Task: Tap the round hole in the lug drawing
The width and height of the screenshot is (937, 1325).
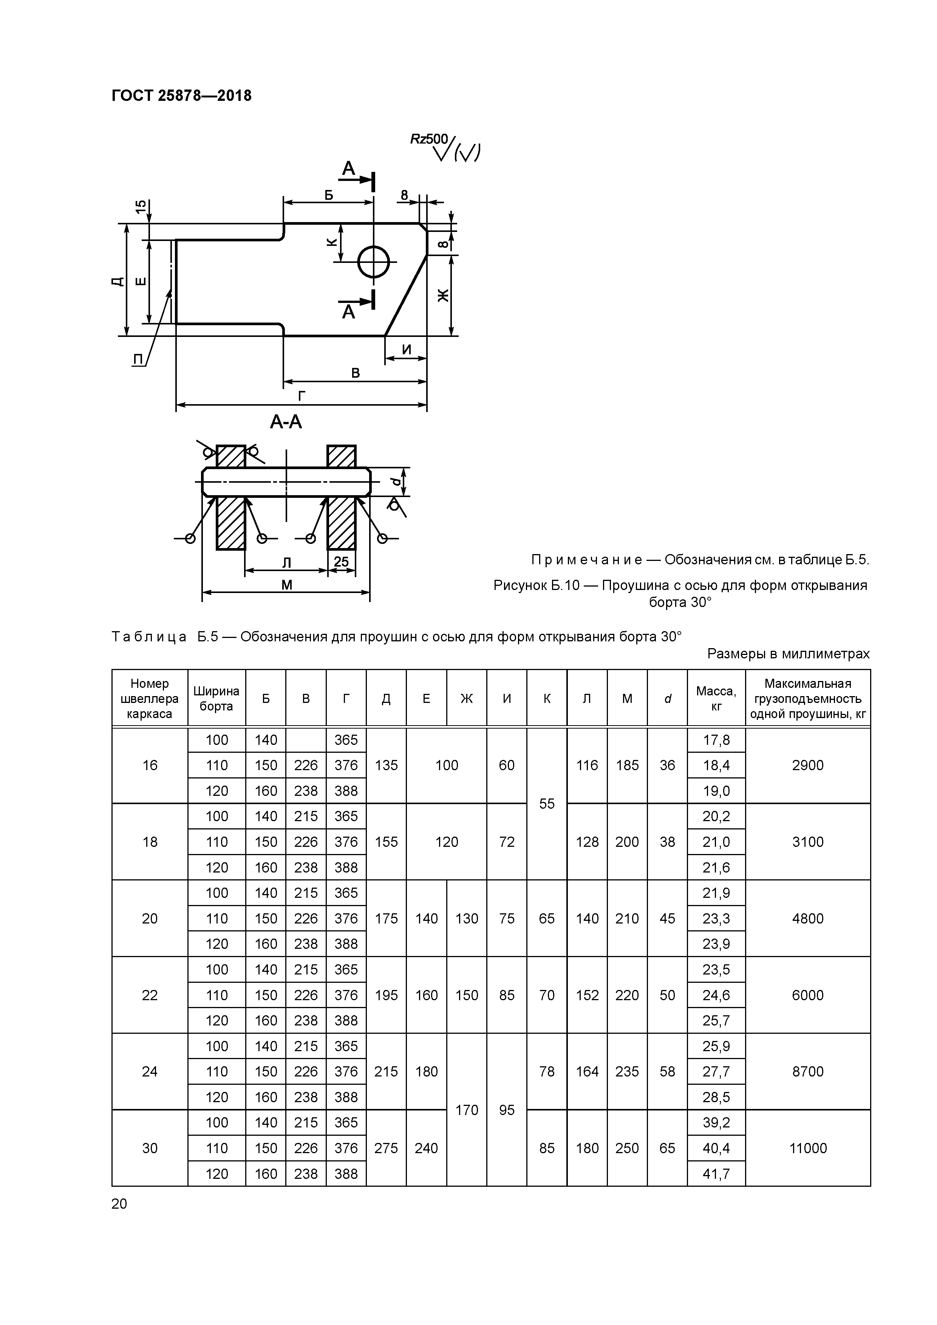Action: coord(374,262)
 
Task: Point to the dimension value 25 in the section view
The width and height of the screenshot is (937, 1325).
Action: coord(341,562)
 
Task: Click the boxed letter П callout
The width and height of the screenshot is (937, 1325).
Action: coord(138,359)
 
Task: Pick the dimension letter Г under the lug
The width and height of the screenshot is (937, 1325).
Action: coord(302,395)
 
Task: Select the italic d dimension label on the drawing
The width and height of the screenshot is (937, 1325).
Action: coord(395,481)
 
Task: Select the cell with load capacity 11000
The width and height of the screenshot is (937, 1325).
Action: coord(808,1148)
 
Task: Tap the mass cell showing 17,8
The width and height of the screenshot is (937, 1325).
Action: coord(716,740)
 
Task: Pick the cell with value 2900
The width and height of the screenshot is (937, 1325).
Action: coord(808,765)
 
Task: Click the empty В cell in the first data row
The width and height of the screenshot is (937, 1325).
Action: coord(306,740)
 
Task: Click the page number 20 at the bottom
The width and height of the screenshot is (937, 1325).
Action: coord(119,1203)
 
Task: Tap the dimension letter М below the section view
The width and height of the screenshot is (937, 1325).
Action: coord(286,585)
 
